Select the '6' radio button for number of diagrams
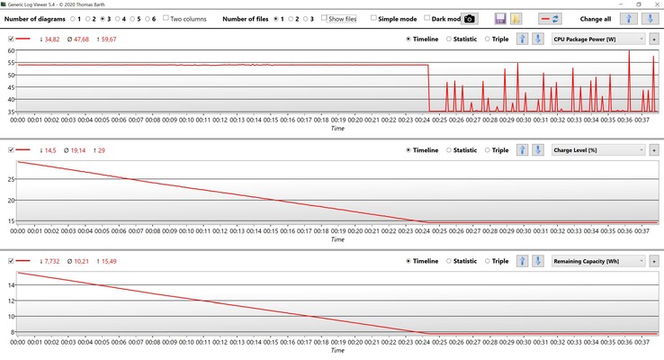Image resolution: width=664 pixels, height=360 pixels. pos(145,18)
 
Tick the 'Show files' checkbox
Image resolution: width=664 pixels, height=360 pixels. pos(326,18)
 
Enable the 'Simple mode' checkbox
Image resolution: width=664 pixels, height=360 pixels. pos(374,18)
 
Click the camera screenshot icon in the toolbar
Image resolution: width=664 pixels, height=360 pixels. pos(469,18)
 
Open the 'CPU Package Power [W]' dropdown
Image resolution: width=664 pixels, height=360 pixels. pos(598,40)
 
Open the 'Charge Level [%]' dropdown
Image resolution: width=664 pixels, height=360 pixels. pos(598,150)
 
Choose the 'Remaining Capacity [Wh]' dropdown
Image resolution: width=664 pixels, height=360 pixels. pos(598,261)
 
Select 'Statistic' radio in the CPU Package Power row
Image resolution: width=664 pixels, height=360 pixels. pos(451,40)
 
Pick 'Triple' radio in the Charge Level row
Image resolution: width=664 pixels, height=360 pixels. pos(488,150)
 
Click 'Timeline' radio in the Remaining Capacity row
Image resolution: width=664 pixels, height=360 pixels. pos(408,261)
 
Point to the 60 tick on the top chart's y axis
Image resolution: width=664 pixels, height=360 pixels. pos(11,51)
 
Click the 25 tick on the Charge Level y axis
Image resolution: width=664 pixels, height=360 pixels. pos(11,179)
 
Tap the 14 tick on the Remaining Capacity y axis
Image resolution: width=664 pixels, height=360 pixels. pos(11,284)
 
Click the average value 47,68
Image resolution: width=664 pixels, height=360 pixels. pos(74,40)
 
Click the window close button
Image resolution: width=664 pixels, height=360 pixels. pos(652,4)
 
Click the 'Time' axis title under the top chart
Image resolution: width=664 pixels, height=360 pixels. pos(336,129)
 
